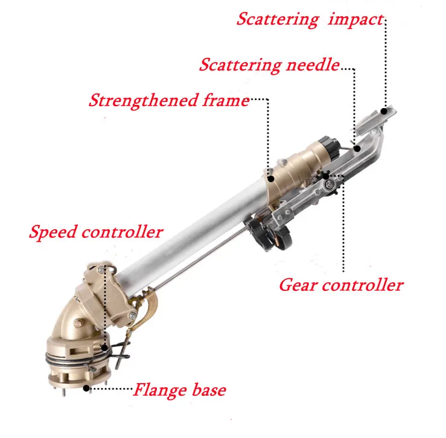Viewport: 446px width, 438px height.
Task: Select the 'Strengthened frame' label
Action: point(168,100)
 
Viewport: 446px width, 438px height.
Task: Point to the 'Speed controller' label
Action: point(96,231)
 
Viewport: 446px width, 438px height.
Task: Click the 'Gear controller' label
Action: point(340,284)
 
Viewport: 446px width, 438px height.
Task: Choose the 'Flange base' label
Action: point(179,389)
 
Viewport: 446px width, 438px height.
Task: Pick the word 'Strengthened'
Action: point(142,100)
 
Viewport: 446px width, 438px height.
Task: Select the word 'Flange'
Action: point(158,389)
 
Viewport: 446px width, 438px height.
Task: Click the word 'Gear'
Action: point(298,284)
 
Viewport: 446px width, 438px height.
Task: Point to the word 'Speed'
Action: point(53,231)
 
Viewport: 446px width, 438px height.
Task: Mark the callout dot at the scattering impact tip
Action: point(384,110)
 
